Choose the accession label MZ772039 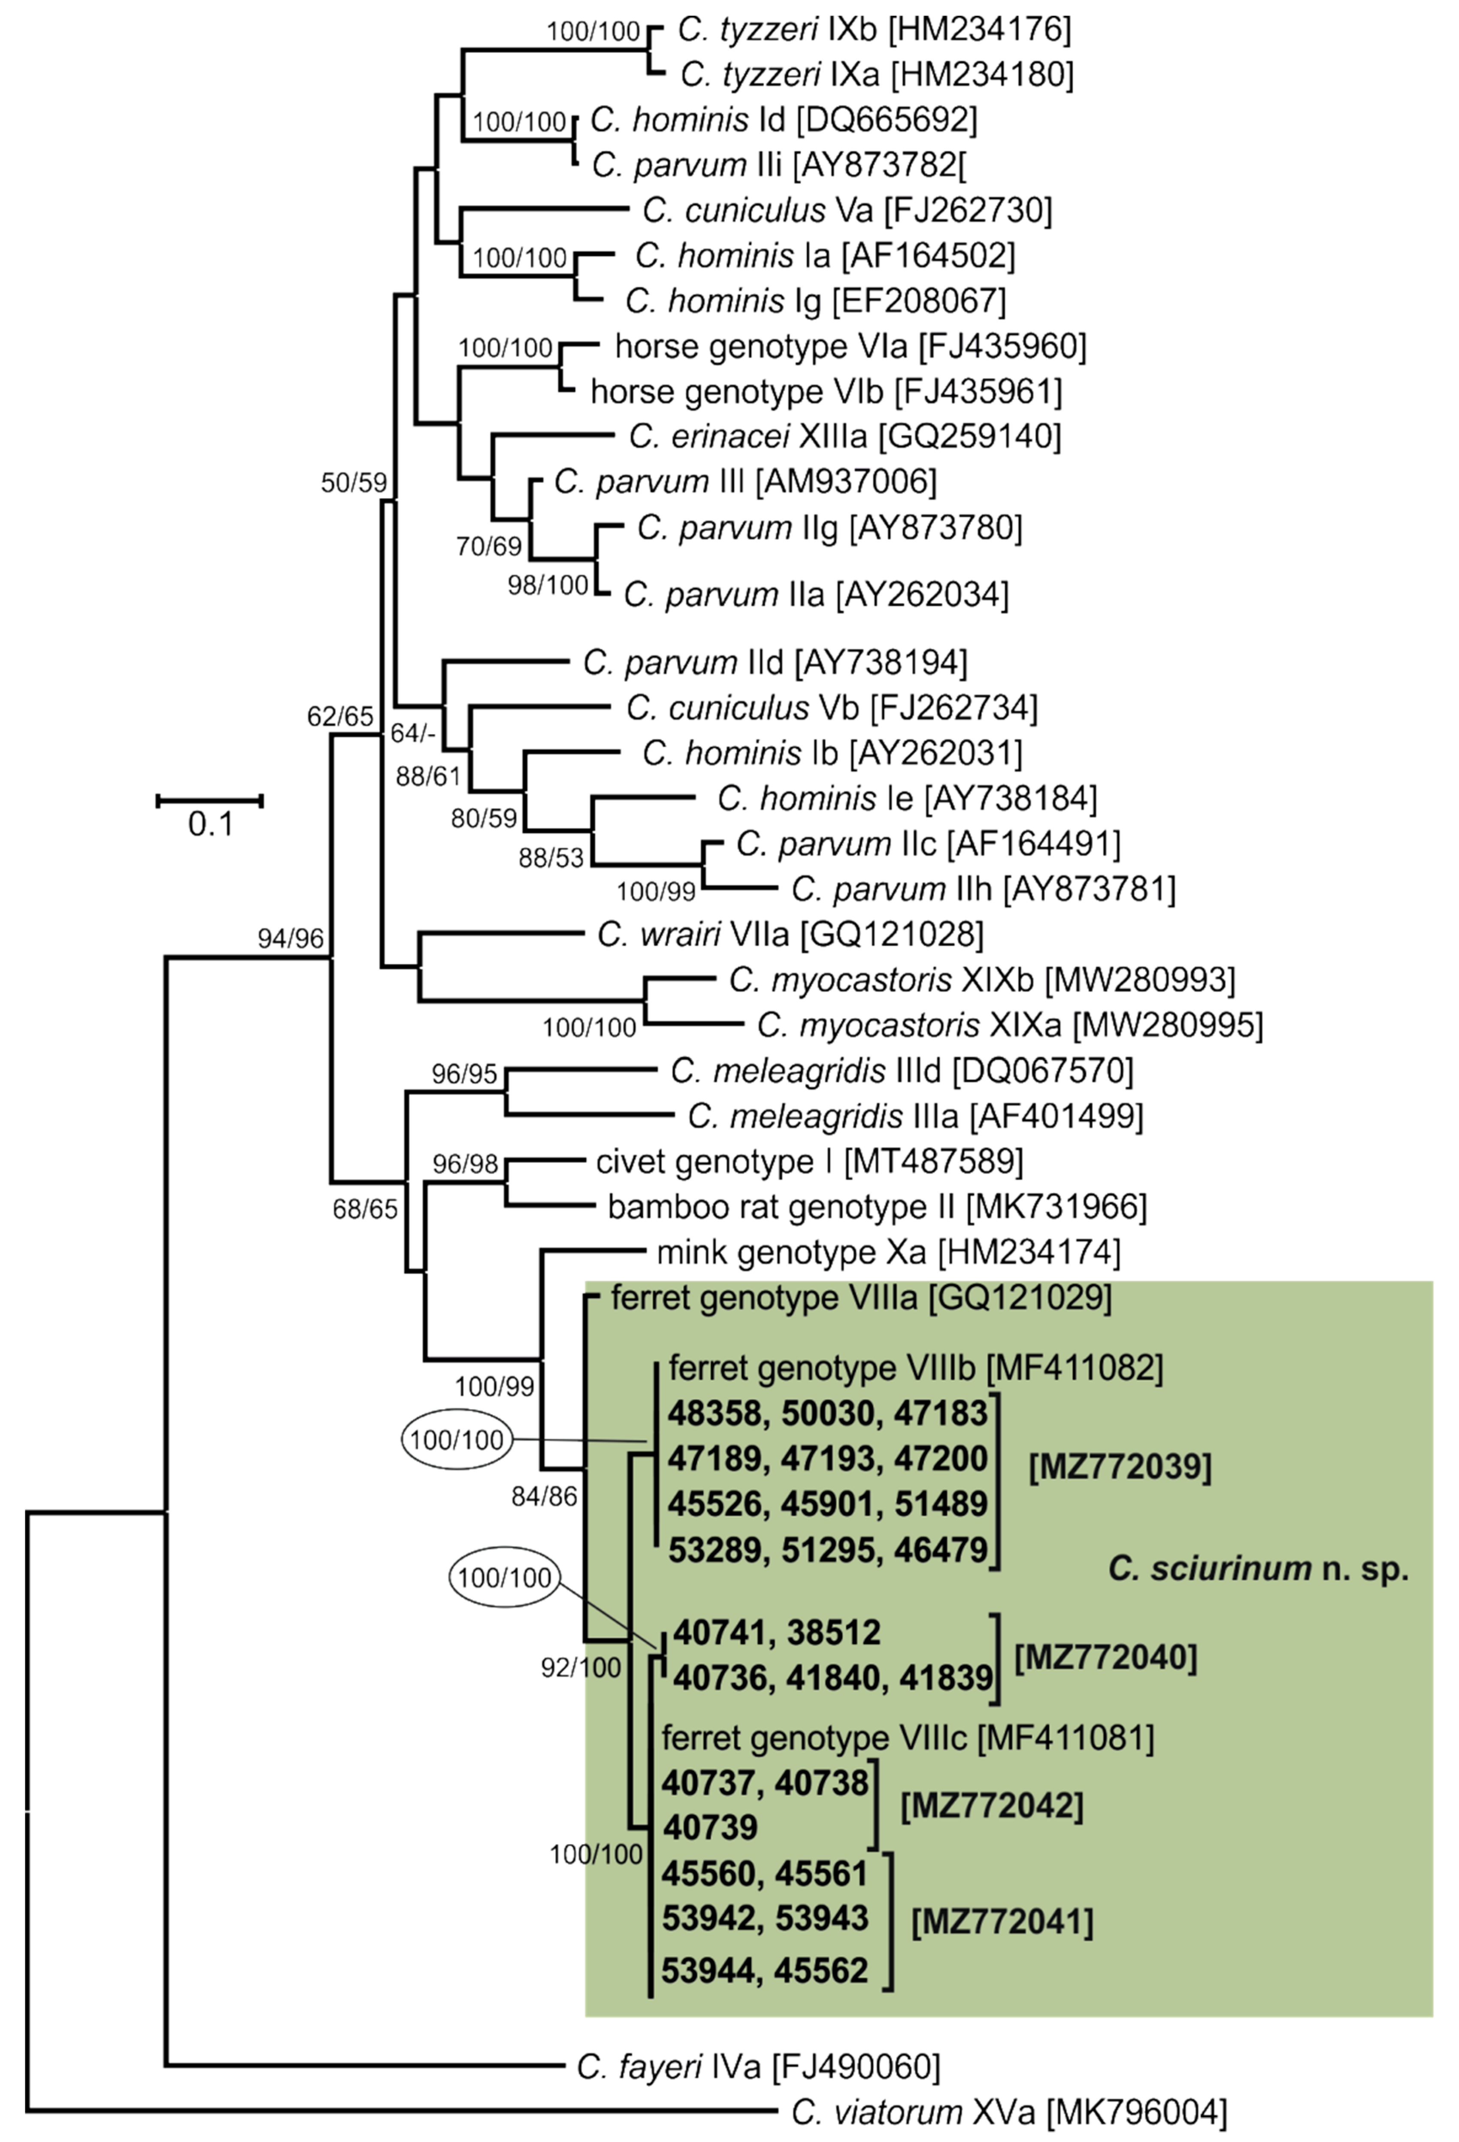point(1120,1467)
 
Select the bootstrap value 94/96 point(291,938)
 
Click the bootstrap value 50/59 point(353,482)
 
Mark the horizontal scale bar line point(210,800)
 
